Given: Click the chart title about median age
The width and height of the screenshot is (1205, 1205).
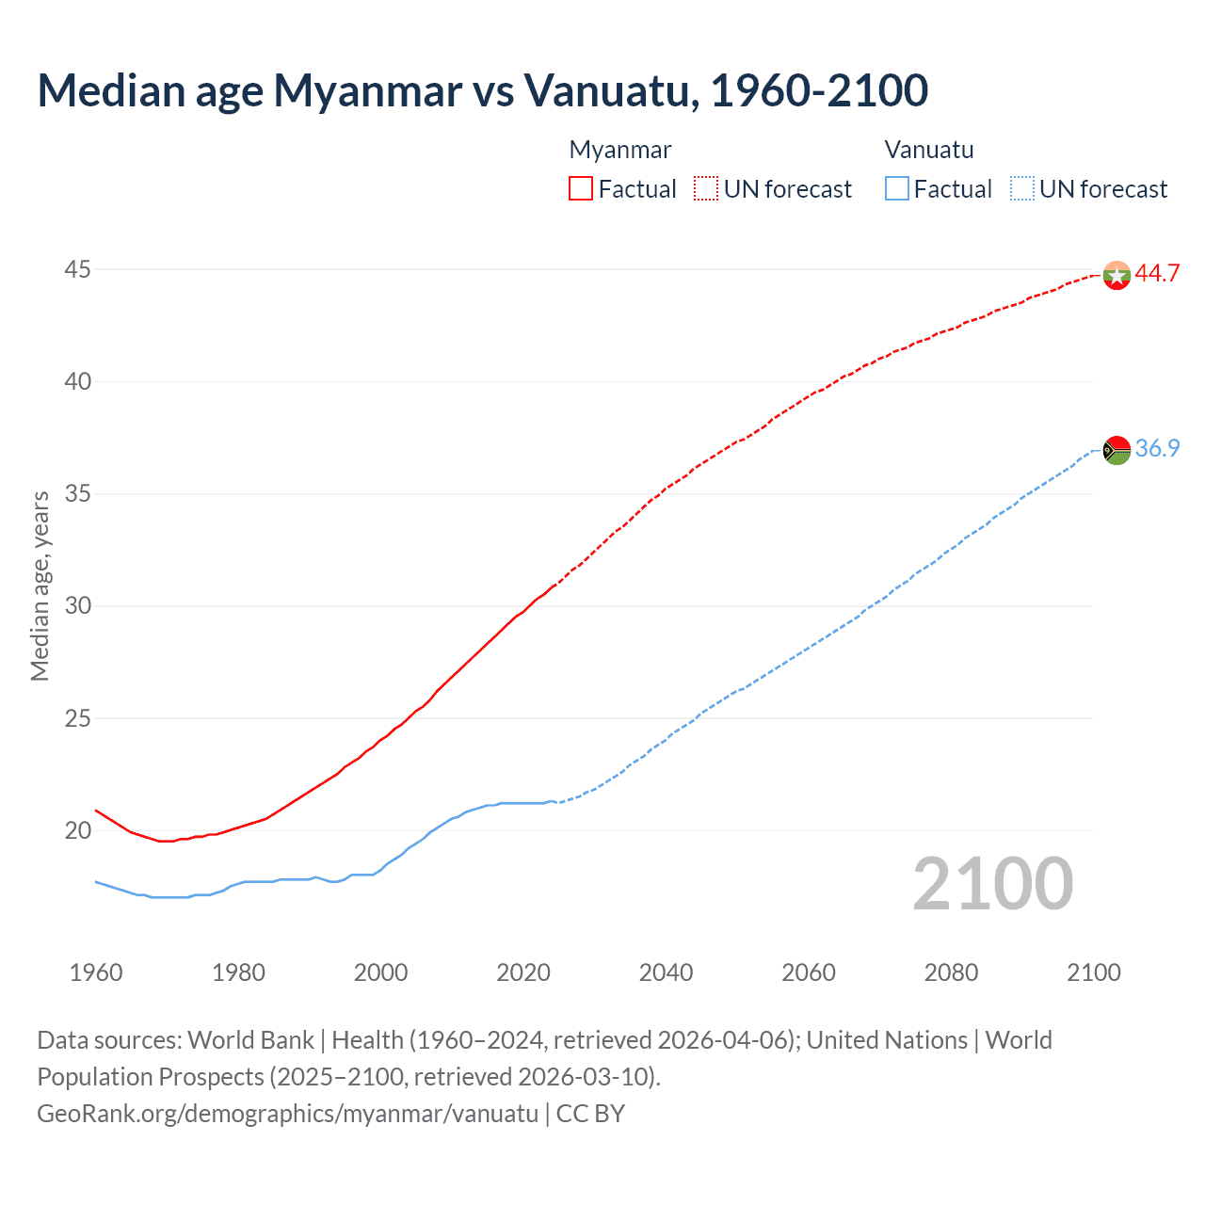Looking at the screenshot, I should [x=483, y=90].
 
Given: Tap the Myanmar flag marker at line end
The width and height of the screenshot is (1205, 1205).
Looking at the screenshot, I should [x=1117, y=275].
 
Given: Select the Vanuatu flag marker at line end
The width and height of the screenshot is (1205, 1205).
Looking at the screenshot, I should [x=1117, y=450].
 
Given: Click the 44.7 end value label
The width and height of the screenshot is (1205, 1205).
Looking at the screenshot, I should [x=1157, y=273].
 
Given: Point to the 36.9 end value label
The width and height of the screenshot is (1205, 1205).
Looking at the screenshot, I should [x=1157, y=448].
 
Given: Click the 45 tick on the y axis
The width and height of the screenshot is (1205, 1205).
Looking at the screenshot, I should [x=77, y=270].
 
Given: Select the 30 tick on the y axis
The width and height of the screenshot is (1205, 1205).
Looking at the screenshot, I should [x=77, y=605].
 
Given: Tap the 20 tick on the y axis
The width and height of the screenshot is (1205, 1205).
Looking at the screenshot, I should [x=77, y=830].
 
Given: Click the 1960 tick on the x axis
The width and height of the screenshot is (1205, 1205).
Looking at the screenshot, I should [x=96, y=972].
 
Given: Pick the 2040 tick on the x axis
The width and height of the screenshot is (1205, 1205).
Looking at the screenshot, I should [x=666, y=972].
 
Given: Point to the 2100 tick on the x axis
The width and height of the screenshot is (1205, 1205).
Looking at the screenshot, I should [x=1094, y=972].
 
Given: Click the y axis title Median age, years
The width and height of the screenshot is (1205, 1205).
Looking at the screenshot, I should [x=40, y=586].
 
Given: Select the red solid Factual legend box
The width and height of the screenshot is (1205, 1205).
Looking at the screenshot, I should [x=581, y=189].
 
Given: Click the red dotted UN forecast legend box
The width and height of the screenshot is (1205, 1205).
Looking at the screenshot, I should [x=706, y=189].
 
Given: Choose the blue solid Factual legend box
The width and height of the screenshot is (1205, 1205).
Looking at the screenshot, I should [x=897, y=189].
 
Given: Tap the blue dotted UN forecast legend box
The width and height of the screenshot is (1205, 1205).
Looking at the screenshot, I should [x=1022, y=189].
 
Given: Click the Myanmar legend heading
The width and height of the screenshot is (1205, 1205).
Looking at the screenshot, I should [x=620, y=150].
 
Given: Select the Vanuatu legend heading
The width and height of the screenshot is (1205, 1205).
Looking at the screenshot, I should [x=929, y=150].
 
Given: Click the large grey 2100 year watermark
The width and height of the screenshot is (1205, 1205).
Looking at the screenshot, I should [x=992, y=884].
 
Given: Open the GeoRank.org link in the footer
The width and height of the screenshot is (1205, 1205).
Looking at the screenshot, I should [x=287, y=1114].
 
